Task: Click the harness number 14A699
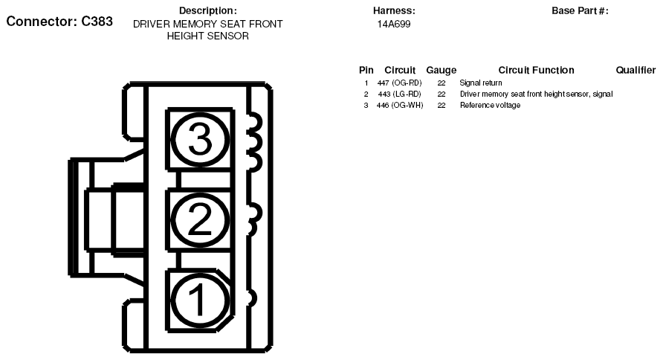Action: [x=394, y=24]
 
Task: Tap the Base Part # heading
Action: [x=580, y=10]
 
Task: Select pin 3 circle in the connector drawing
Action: [x=198, y=138]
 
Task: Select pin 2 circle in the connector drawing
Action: [x=198, y=219]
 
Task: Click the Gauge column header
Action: [x=441, y=70]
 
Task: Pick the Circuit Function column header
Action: [x=536, y=70]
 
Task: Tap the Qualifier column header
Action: [x=635, y=70]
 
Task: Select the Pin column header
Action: [x=366, y=70]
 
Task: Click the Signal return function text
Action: [x=481, y=83]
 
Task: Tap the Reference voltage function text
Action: [x=490, y=105]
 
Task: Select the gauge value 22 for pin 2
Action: [x=441, y=94]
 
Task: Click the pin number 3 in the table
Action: [x=366, y=105]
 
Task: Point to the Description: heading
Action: [x=208, y=10]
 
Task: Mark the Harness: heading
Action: [x=394, y=10]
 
